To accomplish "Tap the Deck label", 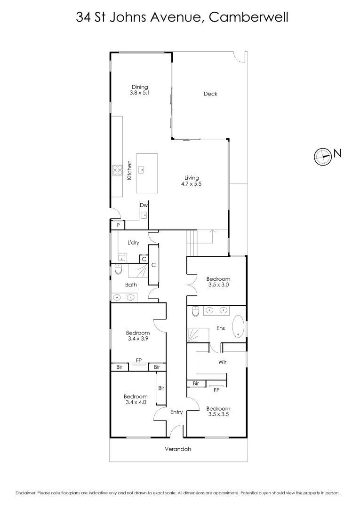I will [210, 94].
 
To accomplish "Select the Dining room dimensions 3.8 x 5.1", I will [140, 93].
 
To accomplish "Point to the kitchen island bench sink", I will [140, 168].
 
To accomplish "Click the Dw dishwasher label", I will [144, 205].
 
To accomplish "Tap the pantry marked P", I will [118, 226].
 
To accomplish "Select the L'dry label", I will [133, 243].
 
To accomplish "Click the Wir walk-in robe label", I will [223, 362].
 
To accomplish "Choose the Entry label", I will [176, 412].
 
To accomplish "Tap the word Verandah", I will [178, 449].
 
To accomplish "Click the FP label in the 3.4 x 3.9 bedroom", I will [139, 361].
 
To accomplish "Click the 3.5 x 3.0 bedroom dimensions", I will [218, 285].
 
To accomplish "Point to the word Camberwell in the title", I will [248, 18].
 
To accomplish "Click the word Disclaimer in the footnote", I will [26, 493].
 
